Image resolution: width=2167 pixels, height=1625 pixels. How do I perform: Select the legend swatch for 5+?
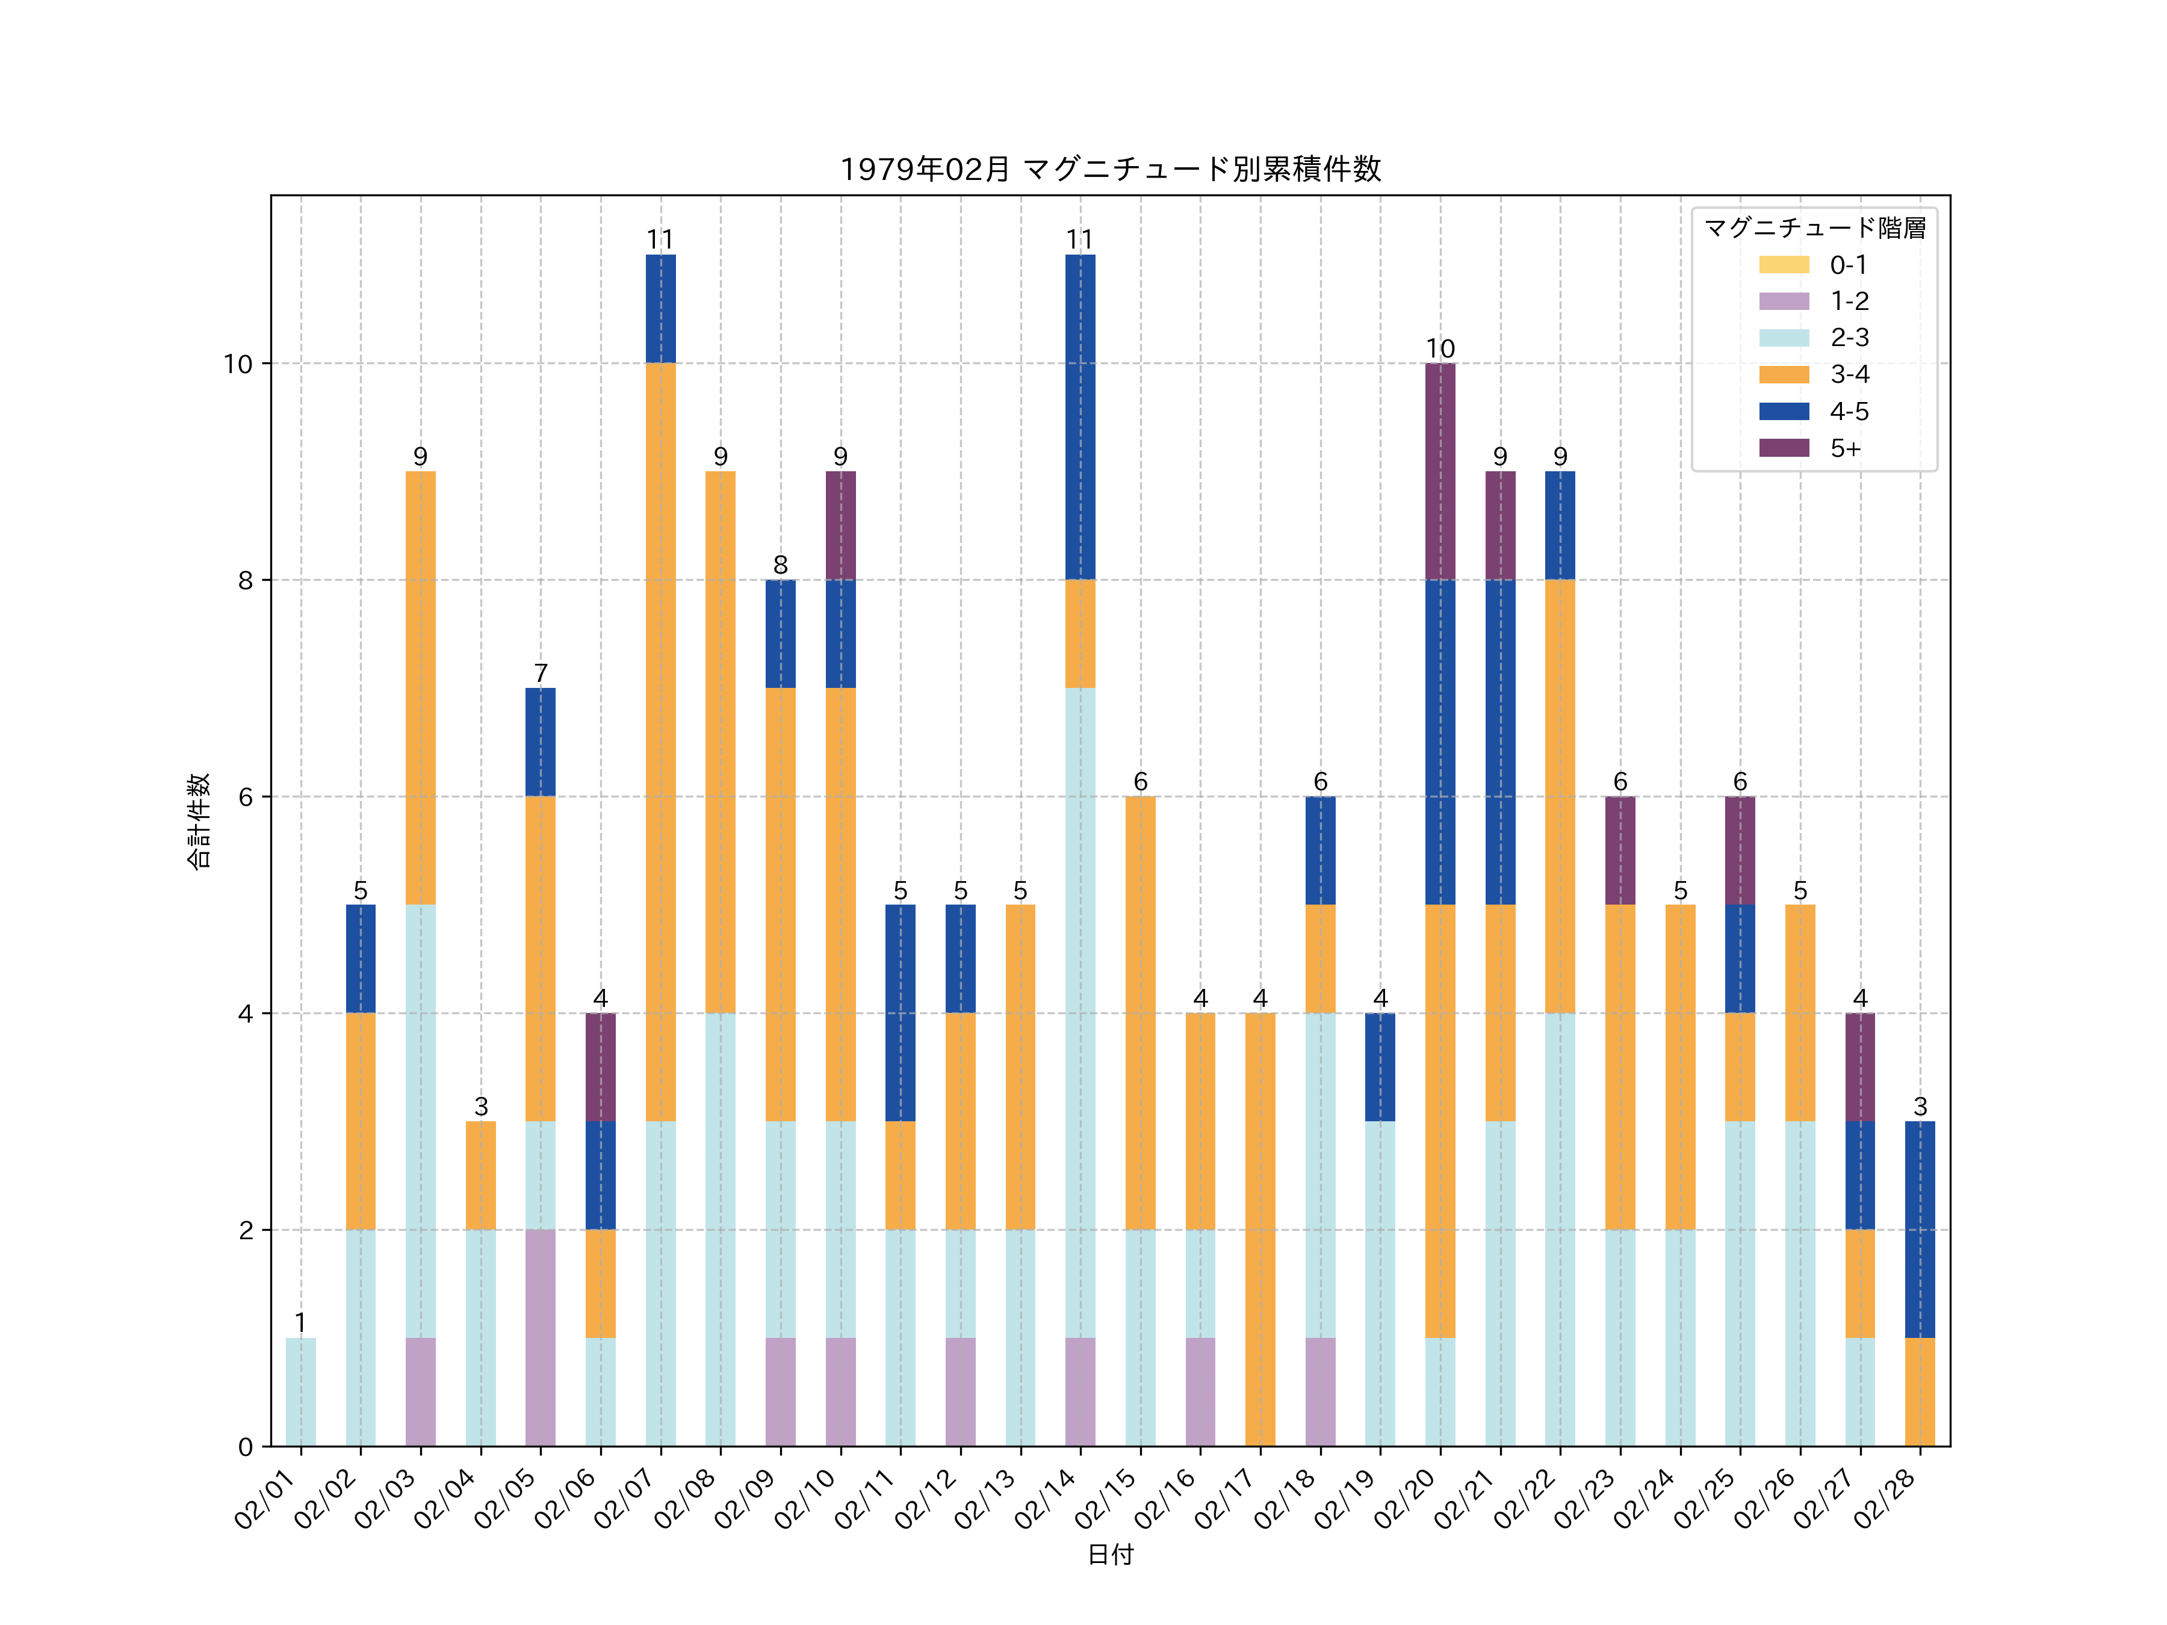pos(1784,448)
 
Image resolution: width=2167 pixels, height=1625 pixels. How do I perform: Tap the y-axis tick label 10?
pos(238,364)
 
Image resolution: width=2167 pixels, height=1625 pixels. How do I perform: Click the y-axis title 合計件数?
pos(199,821)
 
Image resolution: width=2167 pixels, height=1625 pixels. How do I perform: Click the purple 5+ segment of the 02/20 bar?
pos(1440,471)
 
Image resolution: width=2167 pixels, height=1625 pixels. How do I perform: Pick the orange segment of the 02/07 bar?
pos(660,741)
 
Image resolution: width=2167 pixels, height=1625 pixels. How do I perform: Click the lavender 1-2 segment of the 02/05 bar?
pos(540,1337)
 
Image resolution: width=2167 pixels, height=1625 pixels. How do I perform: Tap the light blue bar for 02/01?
pos(301,1392)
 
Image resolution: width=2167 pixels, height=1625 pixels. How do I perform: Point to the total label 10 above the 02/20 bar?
pos(1440,348)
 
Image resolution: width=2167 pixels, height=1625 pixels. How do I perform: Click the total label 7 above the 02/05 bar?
pos(540,674)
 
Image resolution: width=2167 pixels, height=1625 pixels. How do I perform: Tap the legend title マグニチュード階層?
pos(1814,228)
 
